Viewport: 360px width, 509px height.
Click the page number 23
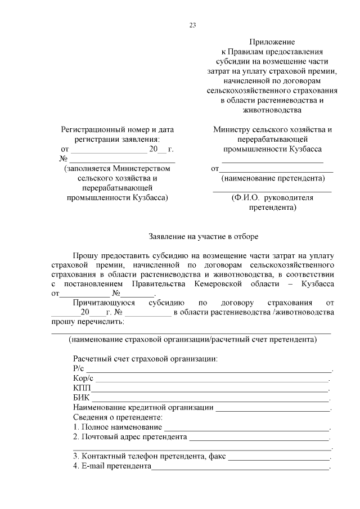(x=192, y=25)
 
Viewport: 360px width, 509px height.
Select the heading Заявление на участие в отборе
(x=203, y=237)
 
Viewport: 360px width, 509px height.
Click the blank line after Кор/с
(x=214, y=380)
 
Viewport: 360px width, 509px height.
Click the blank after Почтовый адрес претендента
(x=259, y=439)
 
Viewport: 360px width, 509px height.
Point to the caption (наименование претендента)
(x=273, y=179)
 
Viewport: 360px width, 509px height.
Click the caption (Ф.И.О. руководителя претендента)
(x=272, y=202)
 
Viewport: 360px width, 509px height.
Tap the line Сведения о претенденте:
(x=118, y=417)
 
